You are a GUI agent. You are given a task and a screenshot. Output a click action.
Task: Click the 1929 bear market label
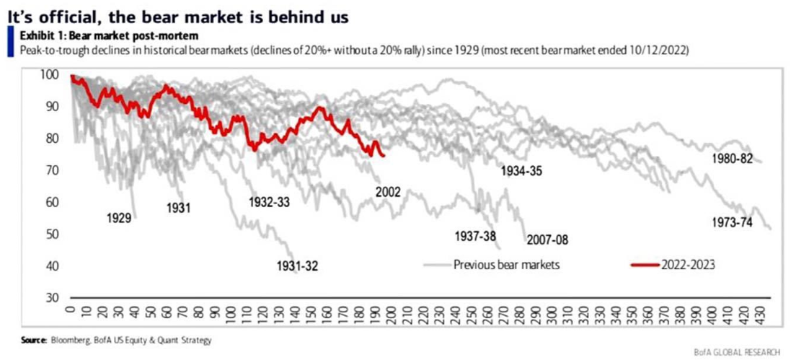[118, 217]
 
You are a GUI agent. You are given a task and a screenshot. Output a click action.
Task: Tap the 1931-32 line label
[297, 267]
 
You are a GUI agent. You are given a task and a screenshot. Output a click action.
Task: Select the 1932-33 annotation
[270, 202]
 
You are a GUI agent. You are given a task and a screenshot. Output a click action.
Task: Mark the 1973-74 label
[732, 221]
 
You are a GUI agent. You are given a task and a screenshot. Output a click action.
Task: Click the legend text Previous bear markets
[506, 264]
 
